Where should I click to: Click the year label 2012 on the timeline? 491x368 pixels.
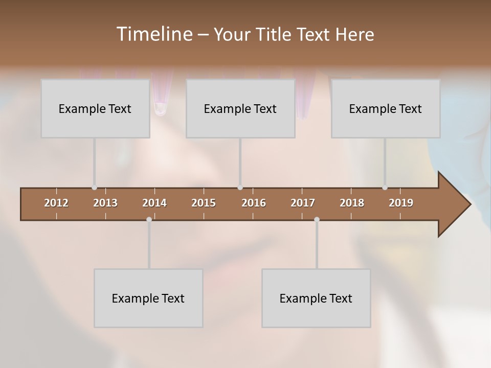[x=56, y=203]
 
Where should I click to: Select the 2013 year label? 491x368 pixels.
[x=105, y=203]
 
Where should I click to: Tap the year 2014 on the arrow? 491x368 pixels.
[x=154, y=203]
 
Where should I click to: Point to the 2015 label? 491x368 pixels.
[x=204, y=203]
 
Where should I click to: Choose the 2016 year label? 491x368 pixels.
[x=254, y=203]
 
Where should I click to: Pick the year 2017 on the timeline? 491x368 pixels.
[x=303, y=203]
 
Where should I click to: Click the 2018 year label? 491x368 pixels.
[x=352, y=203]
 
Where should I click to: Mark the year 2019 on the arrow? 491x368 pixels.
[x=401, y=203]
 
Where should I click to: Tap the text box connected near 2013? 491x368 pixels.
[x=95, y=108]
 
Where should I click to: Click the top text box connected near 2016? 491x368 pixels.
[x=240, y=108]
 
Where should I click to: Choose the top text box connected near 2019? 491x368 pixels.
[x=386, y=108]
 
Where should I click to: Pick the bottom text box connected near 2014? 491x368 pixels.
[x=148, y=298]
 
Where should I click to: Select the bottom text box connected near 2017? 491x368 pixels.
[x=316, y=298]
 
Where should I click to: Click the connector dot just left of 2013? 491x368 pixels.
[x=94, y=188]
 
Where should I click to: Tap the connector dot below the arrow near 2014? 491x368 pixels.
[x=149, y=219]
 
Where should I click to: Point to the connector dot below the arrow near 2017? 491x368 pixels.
[x=317, y=219]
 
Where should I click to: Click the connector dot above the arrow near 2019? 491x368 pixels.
[x=385, y=188]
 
